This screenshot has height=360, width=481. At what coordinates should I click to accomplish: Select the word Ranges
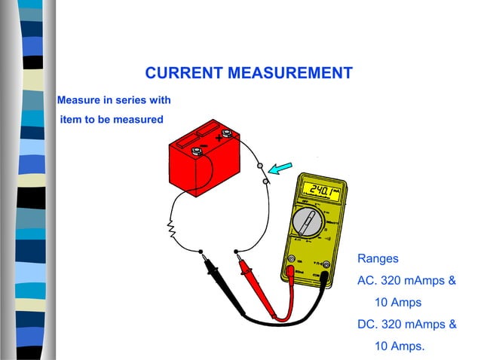[378, 258]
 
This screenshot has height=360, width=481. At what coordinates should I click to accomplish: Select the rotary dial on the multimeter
[308, 223]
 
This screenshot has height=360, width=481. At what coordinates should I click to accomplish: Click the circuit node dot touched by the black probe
[201, 252]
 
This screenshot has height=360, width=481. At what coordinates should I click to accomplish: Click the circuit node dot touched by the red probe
[236, 252]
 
